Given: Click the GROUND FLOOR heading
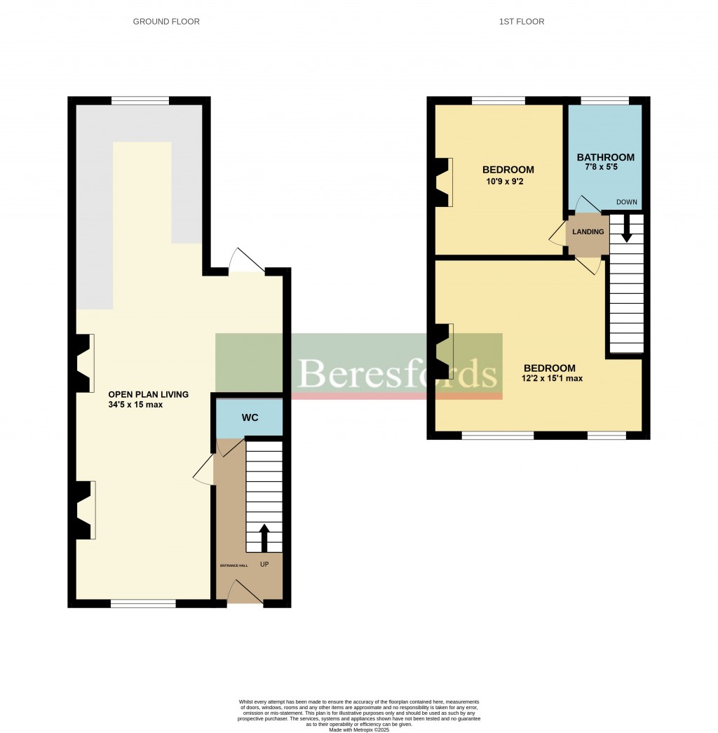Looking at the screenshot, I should [x=166, y=22].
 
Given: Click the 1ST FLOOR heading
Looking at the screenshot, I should [x=522, y=22].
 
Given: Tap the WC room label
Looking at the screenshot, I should [x=250, y=418].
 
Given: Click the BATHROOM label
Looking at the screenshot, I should [x=605, y=158].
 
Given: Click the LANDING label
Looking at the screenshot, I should [x=588, y=232].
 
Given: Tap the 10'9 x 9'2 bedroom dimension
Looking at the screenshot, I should [x=508, y=180].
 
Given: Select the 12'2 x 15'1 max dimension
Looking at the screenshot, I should [x=553, y=379].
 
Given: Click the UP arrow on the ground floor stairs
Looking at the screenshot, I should [x=264, y=538].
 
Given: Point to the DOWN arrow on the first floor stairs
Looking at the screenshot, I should [x=627, y=229].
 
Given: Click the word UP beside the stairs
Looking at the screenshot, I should [x=264, y=564].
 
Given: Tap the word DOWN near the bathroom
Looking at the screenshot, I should [x=626, y=203].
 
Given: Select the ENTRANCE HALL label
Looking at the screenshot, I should [x=229, y=564].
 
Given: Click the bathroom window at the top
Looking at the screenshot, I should [x=605, y=101].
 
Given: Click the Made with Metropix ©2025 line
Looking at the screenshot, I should [x=358, y=729].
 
